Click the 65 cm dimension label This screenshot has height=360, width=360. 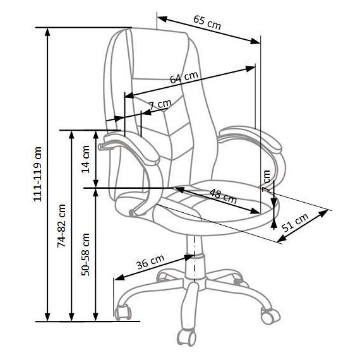(207, 23)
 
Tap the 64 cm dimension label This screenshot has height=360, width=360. (184, 78)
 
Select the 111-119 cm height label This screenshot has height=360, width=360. (38, 174)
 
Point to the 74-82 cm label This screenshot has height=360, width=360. (61, 226)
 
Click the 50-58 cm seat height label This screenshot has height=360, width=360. (86, 255)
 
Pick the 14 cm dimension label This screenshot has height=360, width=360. (86, 159)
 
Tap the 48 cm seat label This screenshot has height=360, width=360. (223, 196)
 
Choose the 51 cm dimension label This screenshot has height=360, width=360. (295, 222)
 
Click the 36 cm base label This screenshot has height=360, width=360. (150, 261)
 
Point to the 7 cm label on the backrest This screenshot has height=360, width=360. (160, 105)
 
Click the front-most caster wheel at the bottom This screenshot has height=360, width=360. (186, 337)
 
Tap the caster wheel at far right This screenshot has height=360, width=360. (270, 315)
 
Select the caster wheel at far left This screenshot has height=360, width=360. (123, 312)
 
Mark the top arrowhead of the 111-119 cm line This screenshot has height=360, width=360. (47, 32)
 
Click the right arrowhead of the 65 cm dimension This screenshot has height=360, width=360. (256, 41)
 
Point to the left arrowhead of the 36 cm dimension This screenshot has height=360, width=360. (119, 277)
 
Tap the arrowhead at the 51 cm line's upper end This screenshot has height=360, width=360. (323, 213)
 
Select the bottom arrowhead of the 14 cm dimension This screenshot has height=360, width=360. (96, 183)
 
